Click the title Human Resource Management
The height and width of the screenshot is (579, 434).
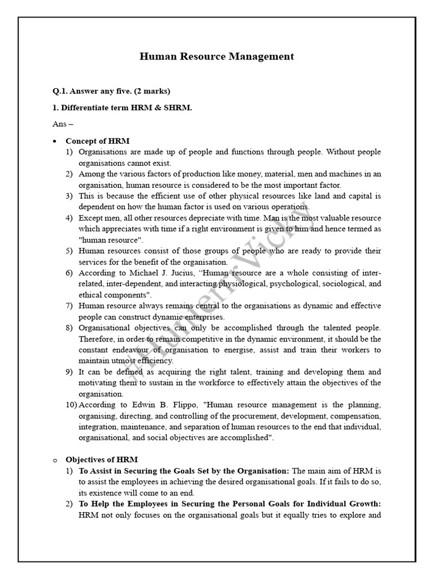coord(217,57)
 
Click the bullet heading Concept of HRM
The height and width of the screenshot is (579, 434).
coord(98,141)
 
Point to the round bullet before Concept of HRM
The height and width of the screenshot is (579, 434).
coord(54,141)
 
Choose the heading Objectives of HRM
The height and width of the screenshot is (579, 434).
coord(101,460)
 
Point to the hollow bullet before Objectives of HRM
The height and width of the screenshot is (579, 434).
coord(54,460)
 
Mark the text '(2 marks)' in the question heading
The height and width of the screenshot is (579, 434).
coord(152,91)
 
